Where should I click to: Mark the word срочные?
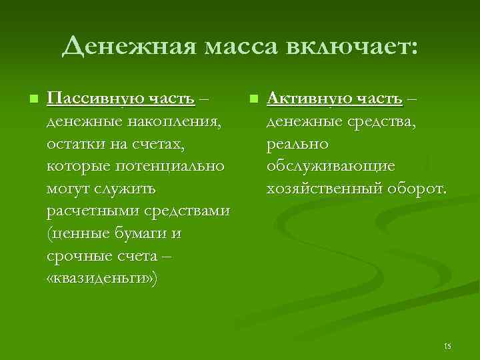pyautogui.click(x=74, y=257)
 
